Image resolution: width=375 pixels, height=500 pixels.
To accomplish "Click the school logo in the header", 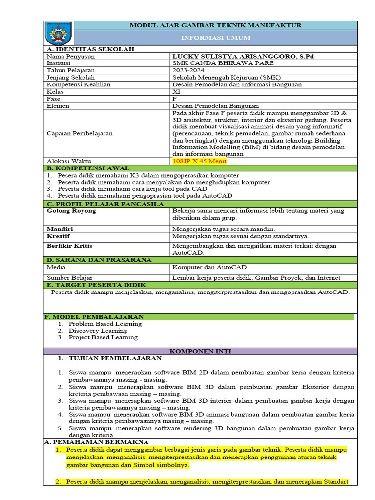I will pos(59,33).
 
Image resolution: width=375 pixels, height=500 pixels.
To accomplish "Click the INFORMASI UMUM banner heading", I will pos(215,38).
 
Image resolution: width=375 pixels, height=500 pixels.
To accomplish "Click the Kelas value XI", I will pos(176,91).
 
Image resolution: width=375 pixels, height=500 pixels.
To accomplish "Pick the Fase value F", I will pos(175,99).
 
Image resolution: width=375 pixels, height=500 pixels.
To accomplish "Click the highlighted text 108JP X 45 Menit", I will pos(200,161).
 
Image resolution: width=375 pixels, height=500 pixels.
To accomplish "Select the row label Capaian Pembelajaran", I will pos(80,133).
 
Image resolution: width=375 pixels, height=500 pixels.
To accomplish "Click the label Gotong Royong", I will pos(71,211).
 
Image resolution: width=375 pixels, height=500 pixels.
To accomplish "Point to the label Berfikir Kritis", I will pos(69,246).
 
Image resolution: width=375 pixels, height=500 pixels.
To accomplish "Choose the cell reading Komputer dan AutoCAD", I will pos(209,267).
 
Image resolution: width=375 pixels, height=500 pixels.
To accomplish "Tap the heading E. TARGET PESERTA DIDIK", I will pos(92,285).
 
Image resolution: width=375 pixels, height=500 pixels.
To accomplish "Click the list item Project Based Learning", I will pos(103,337).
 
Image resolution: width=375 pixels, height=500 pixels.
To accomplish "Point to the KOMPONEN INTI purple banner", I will pos(200,351).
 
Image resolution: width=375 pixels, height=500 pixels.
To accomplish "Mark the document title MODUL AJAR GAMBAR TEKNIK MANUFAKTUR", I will pos(215,25).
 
